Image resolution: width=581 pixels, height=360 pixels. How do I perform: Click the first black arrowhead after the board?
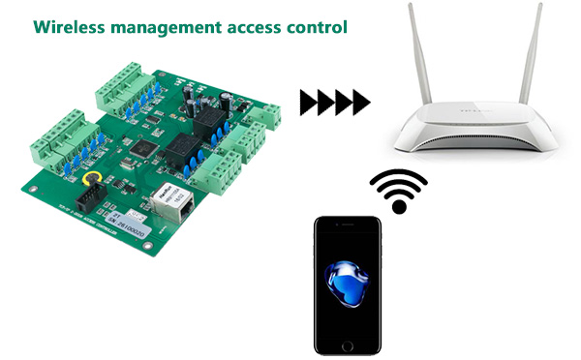(309, 100)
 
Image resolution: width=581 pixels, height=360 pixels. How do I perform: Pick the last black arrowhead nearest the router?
(360, 100)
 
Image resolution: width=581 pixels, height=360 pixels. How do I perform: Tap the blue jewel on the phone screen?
(347, 285)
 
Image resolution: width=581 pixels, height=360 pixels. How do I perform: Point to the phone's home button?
(347, 344)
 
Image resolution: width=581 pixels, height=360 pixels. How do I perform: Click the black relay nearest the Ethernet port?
(179, 156)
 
